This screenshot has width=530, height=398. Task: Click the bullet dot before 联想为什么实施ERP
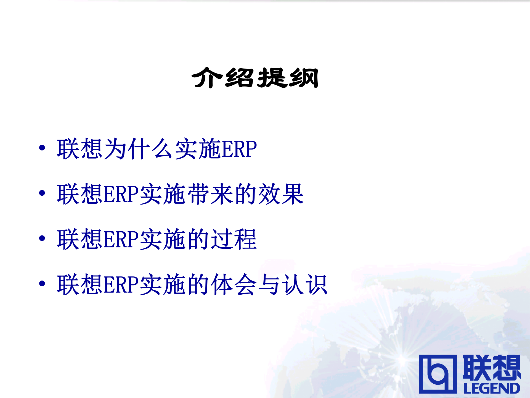(x=42, y=148)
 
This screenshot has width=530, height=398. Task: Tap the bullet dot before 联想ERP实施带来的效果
(x=42, y=193)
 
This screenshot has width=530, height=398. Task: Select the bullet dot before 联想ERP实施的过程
(x=42, y=238)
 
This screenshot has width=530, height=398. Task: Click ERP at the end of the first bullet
(x=239, y=149)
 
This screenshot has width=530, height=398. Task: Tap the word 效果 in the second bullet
(x=281, y=194)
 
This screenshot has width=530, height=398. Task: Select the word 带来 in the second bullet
(x=211, y=194)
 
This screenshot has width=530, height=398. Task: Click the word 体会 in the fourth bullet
(x=234, y=284)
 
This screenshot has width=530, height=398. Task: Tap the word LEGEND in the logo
(x=492, y=388)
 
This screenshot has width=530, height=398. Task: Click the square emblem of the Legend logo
(x=438, y=374)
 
